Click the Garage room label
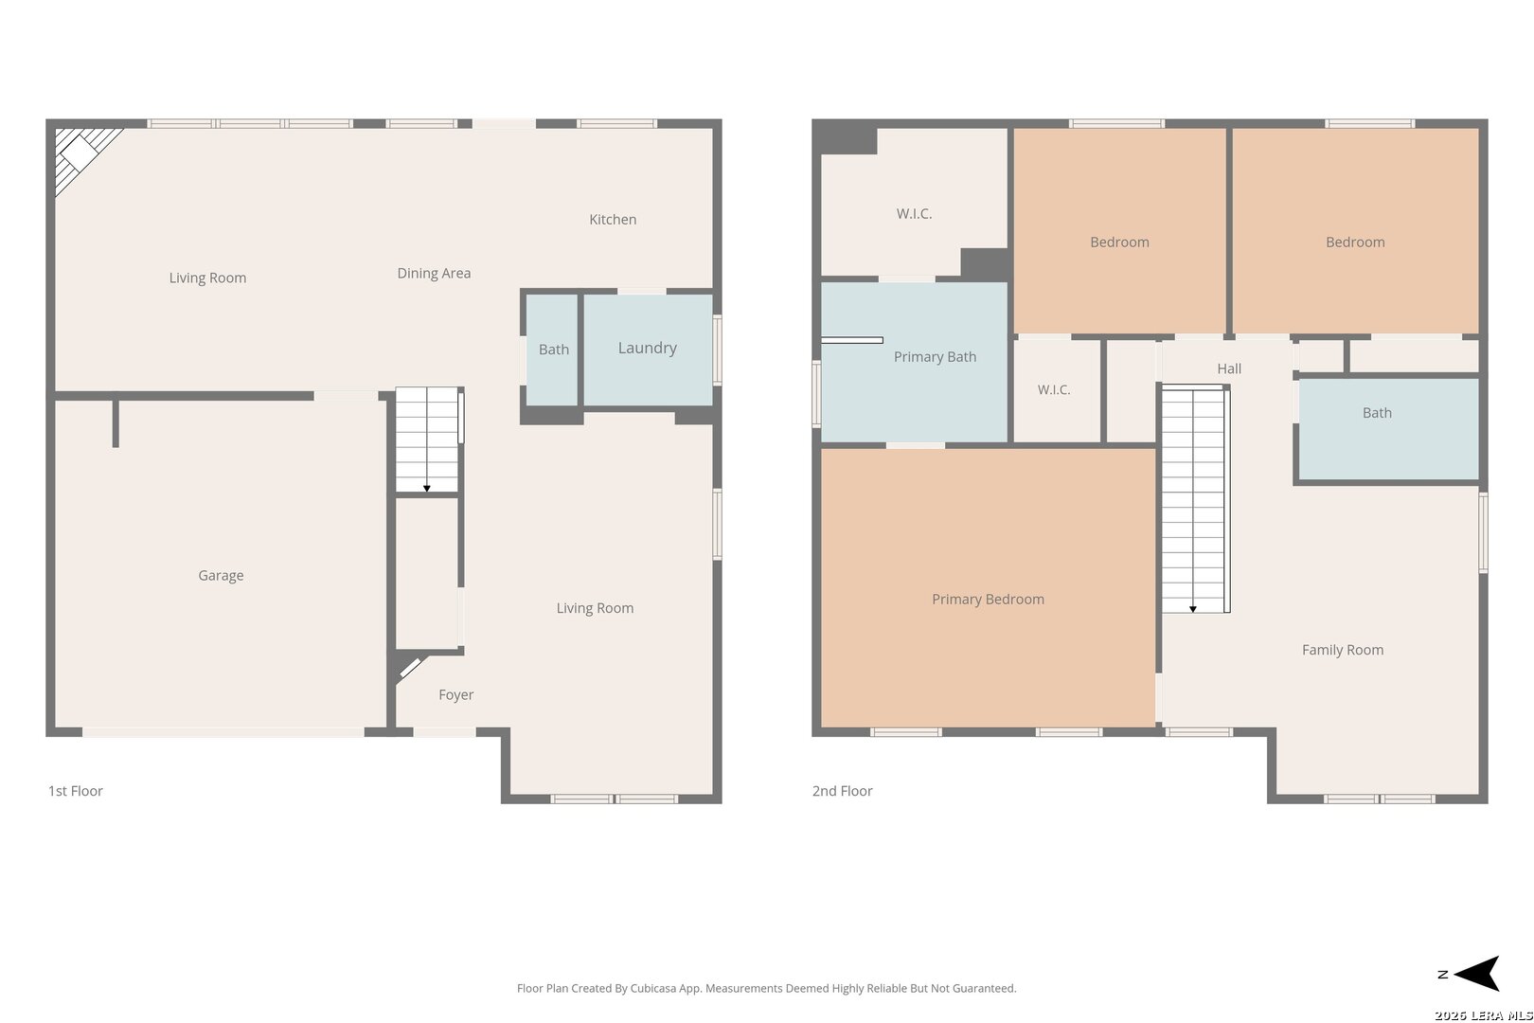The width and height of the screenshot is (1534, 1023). [221, 576]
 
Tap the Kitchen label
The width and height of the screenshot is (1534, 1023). [613, 219]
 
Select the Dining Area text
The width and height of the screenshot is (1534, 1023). [435, 274]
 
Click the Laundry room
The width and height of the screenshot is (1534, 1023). [648, 350]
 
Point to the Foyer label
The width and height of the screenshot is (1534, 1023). [456, 695]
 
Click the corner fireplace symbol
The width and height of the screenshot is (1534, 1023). [80, 156]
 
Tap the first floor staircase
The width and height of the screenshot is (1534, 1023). [427, 440]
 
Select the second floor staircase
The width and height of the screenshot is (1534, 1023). [1193, 499]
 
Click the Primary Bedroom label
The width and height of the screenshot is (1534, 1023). [989, 600]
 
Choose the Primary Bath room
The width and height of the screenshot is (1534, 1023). [914, 363]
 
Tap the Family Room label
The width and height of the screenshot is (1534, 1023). [1343, 650]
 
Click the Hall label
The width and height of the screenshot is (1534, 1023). [1229, 368]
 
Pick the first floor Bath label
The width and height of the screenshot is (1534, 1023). [554, 350]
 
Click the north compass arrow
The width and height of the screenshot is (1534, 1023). [1477, 974]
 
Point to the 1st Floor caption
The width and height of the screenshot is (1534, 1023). [76, 791]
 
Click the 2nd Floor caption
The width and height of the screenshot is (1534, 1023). [843, 791]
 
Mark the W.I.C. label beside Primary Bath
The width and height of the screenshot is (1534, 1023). [1054, 390]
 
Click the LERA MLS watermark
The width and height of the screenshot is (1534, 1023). [1483, 1015]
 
